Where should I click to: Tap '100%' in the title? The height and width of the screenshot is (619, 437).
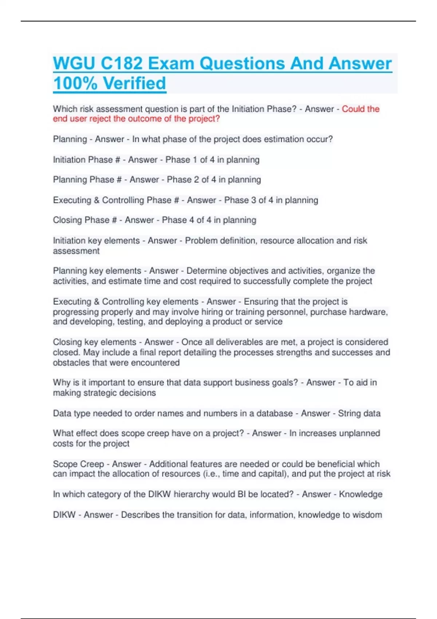point(75,83)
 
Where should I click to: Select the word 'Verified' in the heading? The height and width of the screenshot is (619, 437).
point(135,83)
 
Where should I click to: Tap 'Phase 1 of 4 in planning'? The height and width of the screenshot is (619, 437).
point(212,159)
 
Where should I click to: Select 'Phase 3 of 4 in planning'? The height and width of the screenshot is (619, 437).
point(271,200)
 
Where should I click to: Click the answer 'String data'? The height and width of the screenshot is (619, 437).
point(359,413)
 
